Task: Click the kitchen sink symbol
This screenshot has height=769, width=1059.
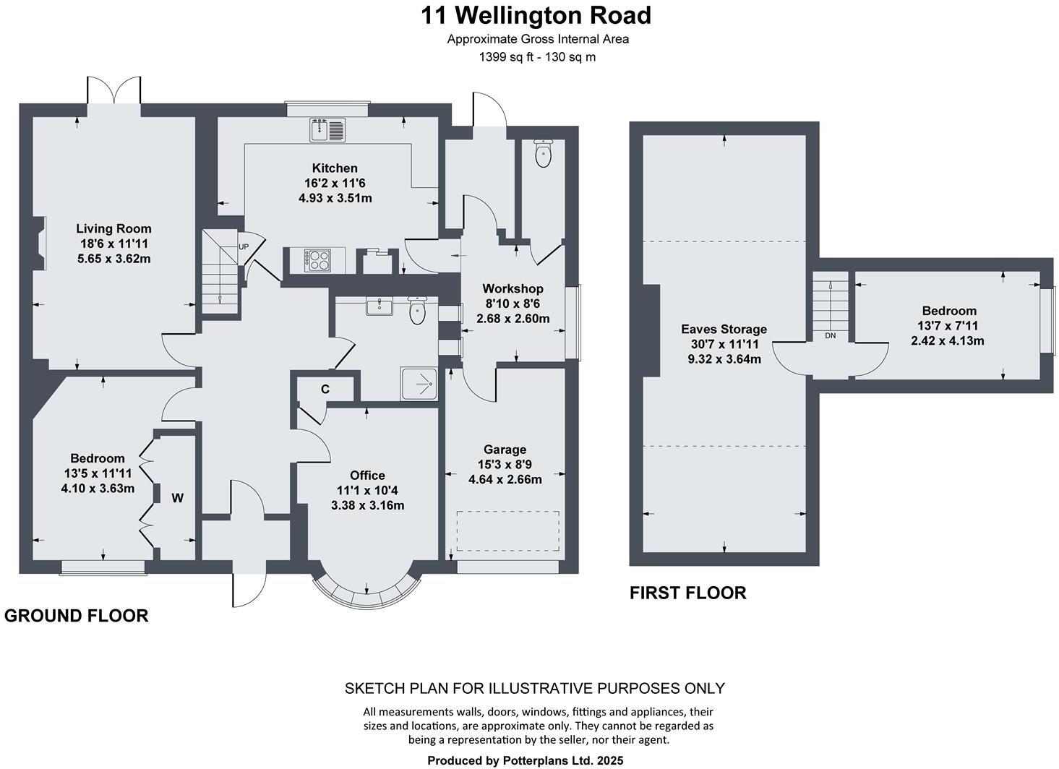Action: (x=327, y=129)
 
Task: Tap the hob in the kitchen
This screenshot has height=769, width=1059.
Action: (x=317, y=260)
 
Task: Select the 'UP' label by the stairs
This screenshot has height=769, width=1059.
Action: (x=244, y=247)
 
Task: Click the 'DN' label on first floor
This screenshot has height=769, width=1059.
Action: (x=830, y=335)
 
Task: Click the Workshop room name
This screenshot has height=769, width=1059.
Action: (x=513, y=289)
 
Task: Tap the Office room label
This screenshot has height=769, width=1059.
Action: (x=367, y=476)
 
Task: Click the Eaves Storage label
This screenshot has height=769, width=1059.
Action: (x=724, y=330)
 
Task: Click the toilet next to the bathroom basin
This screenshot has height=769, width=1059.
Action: (x=418, y=311)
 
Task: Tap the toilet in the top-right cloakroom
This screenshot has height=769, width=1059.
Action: (x=543, y=152)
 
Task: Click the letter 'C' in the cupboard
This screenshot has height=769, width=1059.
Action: (x=325, y=390)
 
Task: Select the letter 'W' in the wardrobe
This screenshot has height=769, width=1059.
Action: (x=177, y=497)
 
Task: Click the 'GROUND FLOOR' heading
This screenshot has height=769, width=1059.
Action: (x=77, y=616)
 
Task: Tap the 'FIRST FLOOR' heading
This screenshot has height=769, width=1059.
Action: (x=687, y=593)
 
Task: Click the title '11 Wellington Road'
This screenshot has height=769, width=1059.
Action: (x=536, y=15)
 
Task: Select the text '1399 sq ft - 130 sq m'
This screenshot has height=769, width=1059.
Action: (x=537, y=57)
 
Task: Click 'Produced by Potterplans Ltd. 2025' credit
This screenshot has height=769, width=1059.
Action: (x=525, y=760)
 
